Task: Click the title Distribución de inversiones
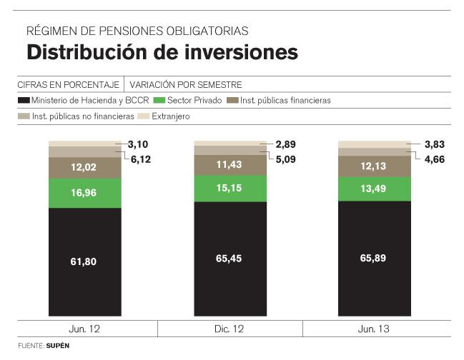pos(162,52)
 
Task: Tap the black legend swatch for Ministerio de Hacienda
pos(24,100)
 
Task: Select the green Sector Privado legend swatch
pos(159,100)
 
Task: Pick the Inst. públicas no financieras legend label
pos(83,116)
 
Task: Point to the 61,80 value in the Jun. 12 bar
pos(84,261)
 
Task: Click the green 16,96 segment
pos(84,191)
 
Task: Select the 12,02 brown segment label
pos(84,167)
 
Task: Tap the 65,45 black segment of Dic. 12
pos(229,258)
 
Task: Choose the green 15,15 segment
pos(229,188)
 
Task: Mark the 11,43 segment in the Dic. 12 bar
pos(229,165)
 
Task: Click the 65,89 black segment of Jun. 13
pos(373,258)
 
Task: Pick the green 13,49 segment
pos(373,189)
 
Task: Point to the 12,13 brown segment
pos(373,166)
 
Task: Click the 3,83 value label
pos(435,144)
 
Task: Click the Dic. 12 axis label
pos(229,329)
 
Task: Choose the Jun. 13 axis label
pos(373,329)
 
